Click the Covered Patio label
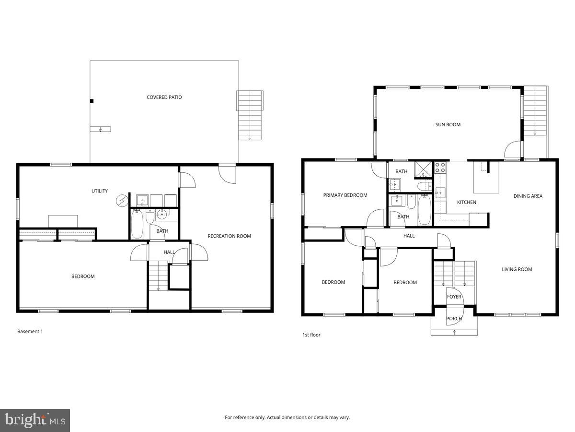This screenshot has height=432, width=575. [x=164, y=97]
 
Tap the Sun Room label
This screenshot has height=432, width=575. [x=448, y=125]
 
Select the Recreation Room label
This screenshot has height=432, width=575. [x=229, y=236]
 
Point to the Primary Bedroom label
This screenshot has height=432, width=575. [x=345, y=195]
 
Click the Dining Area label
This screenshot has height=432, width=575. [x=528, y=196]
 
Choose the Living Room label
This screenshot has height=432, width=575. [x=517, y=269]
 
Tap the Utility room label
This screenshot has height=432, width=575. [x=100, y=191]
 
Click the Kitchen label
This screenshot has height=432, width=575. [x=466, y=203]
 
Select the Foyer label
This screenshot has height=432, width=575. [x=454, y=297]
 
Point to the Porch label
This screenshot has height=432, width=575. [x=454, y=319]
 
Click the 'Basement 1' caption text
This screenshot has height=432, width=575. [x=30, y=331]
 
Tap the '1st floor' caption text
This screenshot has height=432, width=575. [x=311, y=335]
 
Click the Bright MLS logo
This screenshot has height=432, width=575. [x=35, y=420]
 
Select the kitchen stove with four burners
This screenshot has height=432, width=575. [x=440, y=167]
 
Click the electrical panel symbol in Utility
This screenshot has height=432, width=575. [x=122, y=200]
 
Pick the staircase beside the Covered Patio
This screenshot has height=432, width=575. [x=250, y=115]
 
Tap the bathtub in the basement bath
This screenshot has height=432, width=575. [x=137, y=224]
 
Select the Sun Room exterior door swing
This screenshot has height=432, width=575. [x=512, y=150]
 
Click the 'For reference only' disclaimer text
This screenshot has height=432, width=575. [x=287, y=418]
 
